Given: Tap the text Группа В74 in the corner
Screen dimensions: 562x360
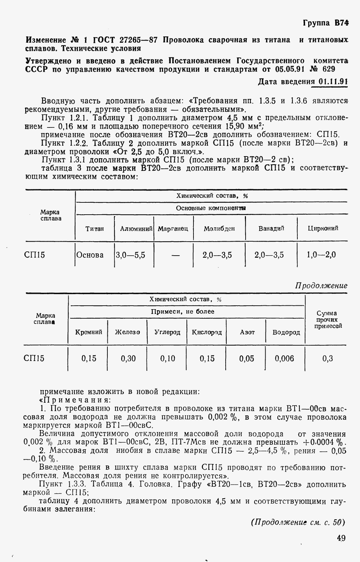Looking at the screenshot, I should tap(325, 23).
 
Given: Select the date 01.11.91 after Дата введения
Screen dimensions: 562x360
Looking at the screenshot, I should tap(333, 82).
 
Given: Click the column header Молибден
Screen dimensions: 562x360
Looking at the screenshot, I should tap(219, 229).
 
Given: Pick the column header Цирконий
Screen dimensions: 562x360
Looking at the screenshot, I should tap(323, 228).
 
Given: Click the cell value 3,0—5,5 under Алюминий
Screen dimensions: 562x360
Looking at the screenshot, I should tap(130, 255).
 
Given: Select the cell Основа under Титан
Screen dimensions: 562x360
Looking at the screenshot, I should tap(90, 255).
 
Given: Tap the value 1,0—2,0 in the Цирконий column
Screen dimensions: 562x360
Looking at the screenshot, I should tap(321, 255).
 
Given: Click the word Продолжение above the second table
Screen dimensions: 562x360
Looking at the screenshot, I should tap(321, 285).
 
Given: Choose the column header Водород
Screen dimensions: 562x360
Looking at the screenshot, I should tap(286, 332).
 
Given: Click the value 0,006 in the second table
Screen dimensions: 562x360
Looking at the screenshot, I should tap(284, 358).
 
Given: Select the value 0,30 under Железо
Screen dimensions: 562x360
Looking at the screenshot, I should tap(128, 358).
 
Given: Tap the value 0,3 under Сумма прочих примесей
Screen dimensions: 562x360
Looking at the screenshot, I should tap(327, 358).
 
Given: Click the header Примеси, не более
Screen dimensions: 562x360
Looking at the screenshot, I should tap(183, 312).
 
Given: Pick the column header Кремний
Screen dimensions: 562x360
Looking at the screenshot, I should tap(89, 332).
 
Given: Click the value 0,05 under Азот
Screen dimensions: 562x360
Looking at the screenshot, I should tap(247, 358).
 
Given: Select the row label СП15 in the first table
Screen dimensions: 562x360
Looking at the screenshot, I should tap(35, 255).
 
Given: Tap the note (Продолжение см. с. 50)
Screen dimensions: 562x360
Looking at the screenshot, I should tap(298, 522).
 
